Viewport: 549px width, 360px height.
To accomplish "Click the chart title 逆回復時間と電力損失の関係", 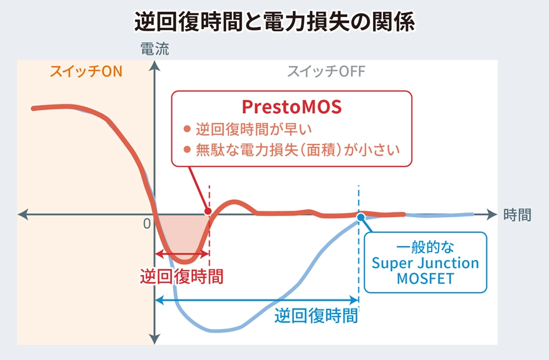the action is [x=275, y=21].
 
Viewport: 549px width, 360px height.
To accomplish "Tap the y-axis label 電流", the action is [x=155, y=49].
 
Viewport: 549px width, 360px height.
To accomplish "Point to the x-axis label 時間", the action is [x=517, y=214].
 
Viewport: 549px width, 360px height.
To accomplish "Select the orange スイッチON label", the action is [x=86, y=71].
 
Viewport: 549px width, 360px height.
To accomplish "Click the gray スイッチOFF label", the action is [x=326, y=71].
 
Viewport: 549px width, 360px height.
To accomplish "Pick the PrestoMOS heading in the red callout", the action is [x=292, y=107].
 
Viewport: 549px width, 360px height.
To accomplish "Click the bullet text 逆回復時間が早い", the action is [x=253, y=129].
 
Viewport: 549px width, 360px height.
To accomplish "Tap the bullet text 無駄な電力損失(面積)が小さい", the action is [x=297, y=150].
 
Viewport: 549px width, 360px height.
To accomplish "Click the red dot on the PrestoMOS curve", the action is [x=208, y=211].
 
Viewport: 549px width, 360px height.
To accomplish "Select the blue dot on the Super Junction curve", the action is [x=361, y=217].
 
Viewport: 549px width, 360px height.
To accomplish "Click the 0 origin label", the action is [x=147, y=224].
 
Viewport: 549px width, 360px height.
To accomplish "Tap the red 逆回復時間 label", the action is [x=182, y=276].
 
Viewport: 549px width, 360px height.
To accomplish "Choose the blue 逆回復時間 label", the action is [x=316, y=315].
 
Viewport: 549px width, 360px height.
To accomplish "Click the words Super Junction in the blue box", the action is [x=425, y=263].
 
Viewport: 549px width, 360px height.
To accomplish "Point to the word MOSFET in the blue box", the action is [x=425, y=279].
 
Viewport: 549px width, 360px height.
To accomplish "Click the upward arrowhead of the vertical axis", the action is [x=155, y=66].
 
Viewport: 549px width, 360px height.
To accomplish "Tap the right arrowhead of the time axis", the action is [x=491, y=214].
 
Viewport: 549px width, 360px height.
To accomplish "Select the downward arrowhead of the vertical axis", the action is [x=155, y=339].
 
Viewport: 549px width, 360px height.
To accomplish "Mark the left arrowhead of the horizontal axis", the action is [x=23, y=214].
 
